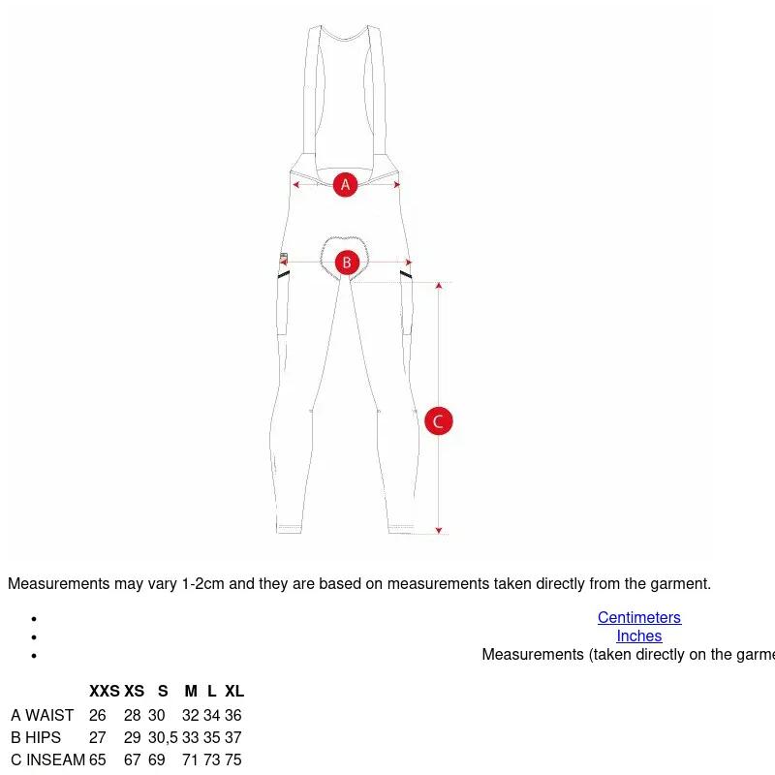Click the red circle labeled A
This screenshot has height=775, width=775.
pos(345,184)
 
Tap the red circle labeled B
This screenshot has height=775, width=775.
pos(347,263)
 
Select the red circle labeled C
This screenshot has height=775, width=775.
pos(439,421)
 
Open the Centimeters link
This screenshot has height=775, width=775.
pos(639,617)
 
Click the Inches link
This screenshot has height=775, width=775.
pos(639,635)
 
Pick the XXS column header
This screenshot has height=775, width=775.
pos(105,691)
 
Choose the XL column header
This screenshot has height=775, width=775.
pos(234,691)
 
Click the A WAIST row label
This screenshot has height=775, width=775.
pos(43,715)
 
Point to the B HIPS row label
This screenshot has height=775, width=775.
pos(36,737)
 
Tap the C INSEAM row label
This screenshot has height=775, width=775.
pos(47,759)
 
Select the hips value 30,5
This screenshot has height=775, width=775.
pos(163,737)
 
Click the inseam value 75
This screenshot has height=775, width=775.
pos(233,759)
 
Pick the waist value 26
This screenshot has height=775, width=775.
pos(98,715)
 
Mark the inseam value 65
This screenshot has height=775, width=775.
pos(98,759)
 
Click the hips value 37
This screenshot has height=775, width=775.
pos(233,737)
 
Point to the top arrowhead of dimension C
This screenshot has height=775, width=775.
pos(439,285)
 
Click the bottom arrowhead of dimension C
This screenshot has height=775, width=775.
pos(439,530)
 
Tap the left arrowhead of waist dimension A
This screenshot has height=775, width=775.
pos(295,185)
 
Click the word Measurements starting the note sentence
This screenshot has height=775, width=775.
pos(59,584)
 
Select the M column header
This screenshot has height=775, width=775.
pos(191,691)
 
